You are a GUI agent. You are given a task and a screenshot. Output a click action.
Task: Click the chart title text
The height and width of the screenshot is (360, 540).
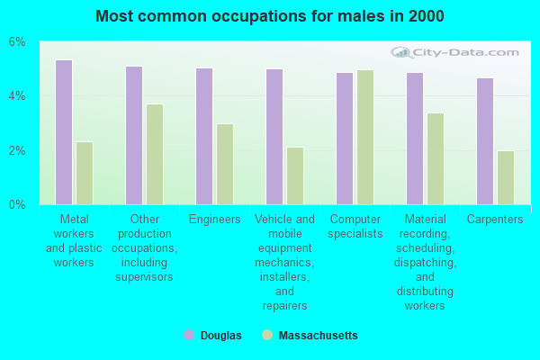pyautogui.click(x=270, y=16)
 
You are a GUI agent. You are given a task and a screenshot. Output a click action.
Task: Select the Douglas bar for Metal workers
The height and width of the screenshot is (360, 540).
pyautogui.click(x=64, y=132)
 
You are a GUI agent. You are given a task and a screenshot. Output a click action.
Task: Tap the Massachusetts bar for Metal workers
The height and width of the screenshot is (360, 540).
pyautogui.click(x=85, y=173)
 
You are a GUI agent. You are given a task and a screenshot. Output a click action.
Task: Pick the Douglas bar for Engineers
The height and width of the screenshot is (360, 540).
pyautogui.click(x=204, y=136)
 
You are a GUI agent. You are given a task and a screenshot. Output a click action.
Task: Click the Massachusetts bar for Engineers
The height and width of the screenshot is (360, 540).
pyautogui.click(x=225, y=164)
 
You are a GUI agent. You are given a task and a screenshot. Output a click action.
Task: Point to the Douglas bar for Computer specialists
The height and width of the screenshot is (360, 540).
pyautogui.click(x=345, y=139)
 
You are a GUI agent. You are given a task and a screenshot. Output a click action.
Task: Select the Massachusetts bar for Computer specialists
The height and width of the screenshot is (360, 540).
pyautogui.click(x=365, y=137)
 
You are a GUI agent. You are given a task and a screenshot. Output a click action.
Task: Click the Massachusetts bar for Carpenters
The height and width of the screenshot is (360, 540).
pyautogui.click(x=506, y=177)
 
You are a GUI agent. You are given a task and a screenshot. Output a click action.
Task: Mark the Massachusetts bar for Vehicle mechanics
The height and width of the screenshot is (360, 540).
pyautogui.click(x=295, y=175)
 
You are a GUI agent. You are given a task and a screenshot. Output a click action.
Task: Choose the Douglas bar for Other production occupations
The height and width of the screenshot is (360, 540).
pyautogui.click(x=134, y=135)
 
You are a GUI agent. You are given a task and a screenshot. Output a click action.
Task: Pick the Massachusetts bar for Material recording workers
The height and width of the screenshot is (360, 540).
pyautogui.click(x=436, y=158)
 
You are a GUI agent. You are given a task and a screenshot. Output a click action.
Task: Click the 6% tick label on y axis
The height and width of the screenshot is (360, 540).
pyautogui.click(x=18, y=42)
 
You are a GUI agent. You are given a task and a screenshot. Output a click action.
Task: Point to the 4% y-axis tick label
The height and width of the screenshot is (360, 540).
pyautogui.click(x=18, y=96)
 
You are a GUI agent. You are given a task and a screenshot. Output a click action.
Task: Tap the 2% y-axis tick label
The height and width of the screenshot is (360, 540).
pyautogui.click(x=18, y=150)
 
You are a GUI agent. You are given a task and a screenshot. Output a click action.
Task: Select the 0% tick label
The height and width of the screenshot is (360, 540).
pyautogui.click(x=18, y=204)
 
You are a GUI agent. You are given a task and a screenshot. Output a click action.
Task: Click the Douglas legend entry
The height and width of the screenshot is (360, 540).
pyautogui.click(x=212, y=336)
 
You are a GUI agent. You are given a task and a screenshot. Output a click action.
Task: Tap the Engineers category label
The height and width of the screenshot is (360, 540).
pyautogui.click(x=215, y=220)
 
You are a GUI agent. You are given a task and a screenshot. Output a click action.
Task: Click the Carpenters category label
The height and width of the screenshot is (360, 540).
pyautogui.click(x=495, y=220)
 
